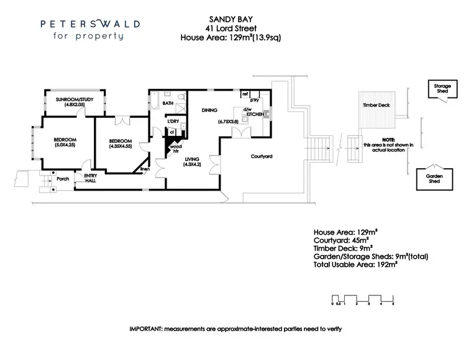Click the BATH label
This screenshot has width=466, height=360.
[168, 103]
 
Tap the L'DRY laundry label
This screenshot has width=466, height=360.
[172, 121]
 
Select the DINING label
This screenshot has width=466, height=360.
[209, 110]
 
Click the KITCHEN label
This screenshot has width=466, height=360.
[255, 115]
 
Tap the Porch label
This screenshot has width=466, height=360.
[62, 179]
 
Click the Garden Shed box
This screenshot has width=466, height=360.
[434, 178]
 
